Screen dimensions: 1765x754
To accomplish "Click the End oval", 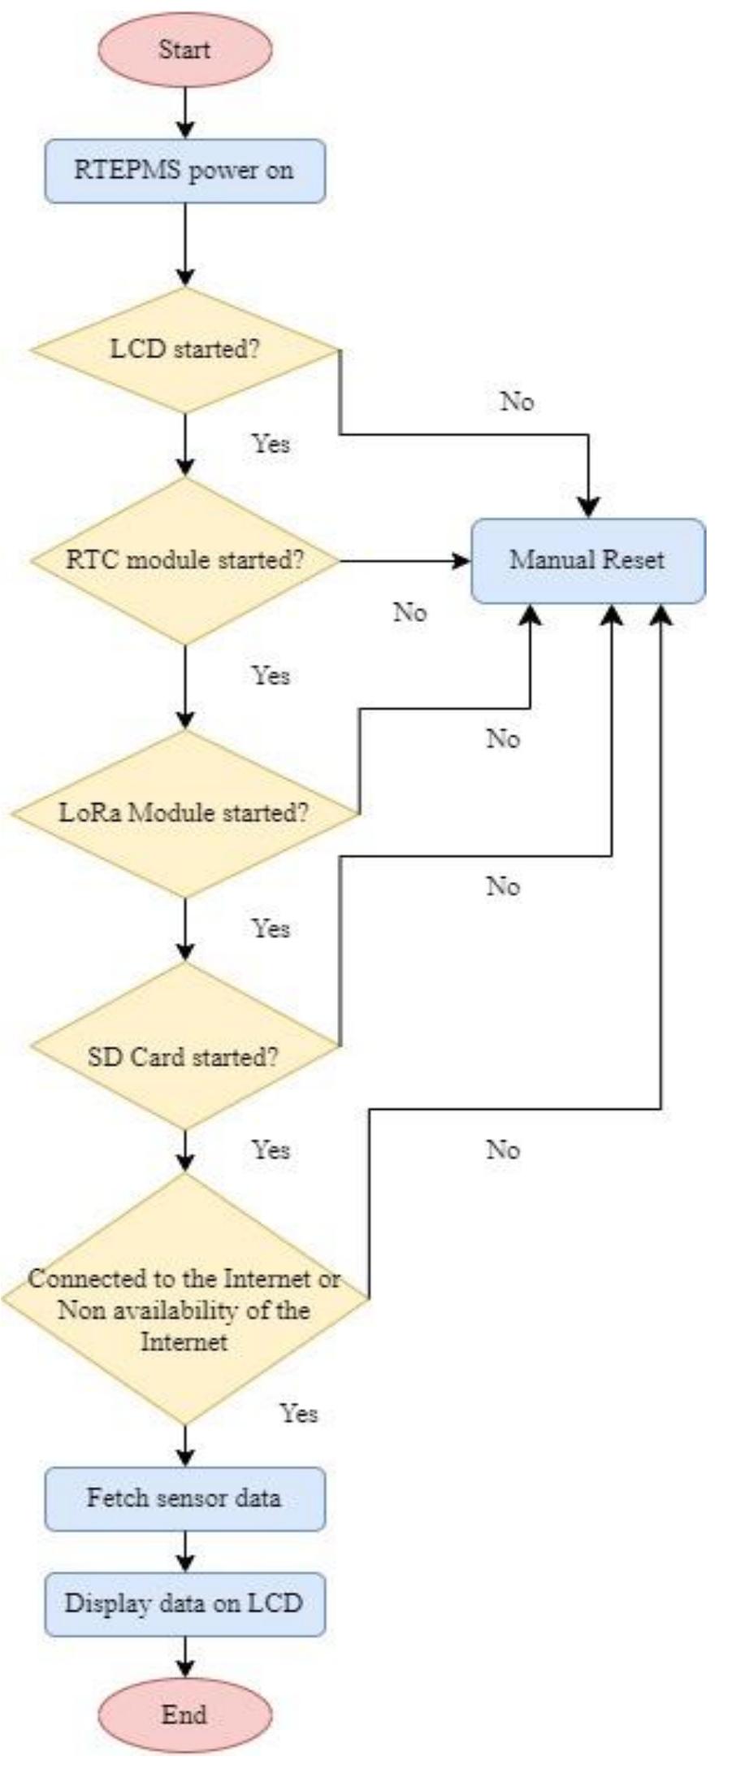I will point(185,1715).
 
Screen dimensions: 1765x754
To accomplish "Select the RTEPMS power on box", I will point(185,171).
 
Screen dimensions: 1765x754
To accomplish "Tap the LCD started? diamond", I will point(185,350).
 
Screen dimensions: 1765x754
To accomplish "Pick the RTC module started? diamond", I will point(185,560).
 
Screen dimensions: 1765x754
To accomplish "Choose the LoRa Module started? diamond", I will point(185,813).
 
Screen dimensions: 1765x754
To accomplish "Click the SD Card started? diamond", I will point(185,1057).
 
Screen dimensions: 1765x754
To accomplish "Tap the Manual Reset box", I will point(587,560).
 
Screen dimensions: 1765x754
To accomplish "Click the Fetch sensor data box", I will point(185,1498).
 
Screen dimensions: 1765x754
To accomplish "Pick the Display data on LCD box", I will point(185,1603).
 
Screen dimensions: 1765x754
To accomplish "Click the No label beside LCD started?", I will point(517,402).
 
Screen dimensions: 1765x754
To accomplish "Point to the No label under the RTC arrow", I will point(410,612).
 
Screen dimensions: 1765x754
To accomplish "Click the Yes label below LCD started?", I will point(271,444).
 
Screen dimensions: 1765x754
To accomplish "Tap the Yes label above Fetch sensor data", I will point(299,1414).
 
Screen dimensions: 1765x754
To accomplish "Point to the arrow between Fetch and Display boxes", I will point(185,1551).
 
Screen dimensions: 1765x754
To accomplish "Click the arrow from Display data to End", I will point(185,1657).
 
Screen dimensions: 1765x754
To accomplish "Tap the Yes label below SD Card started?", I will point(271,1150).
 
